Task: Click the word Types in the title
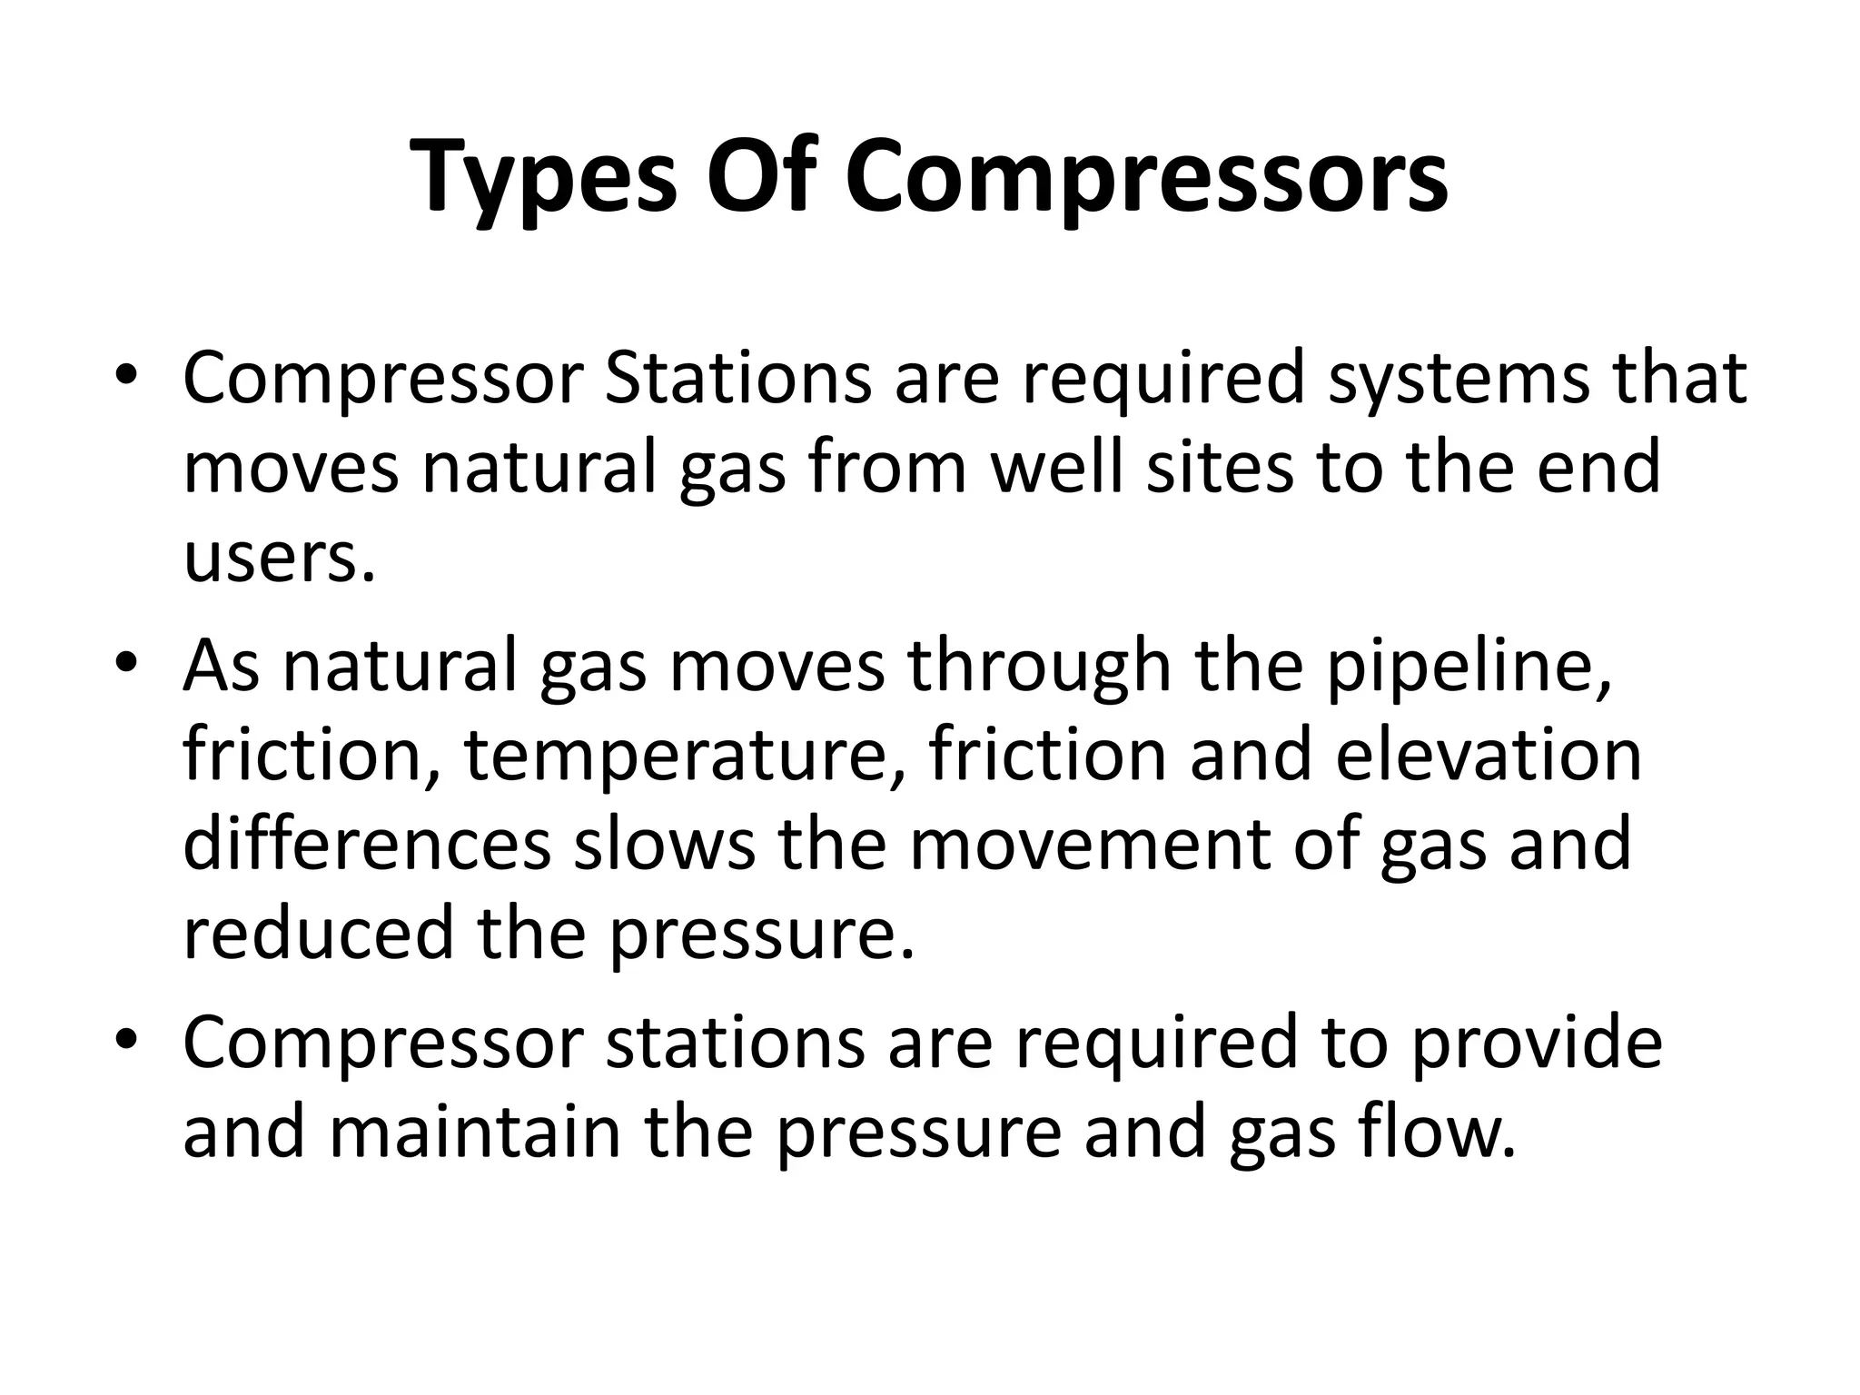pos(543,177)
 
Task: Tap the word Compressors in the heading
pos(1146,177)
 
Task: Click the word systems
pos(1459,379)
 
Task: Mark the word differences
pos(367,845)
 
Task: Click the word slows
pos(663,845)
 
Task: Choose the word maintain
pos(474,1132)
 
